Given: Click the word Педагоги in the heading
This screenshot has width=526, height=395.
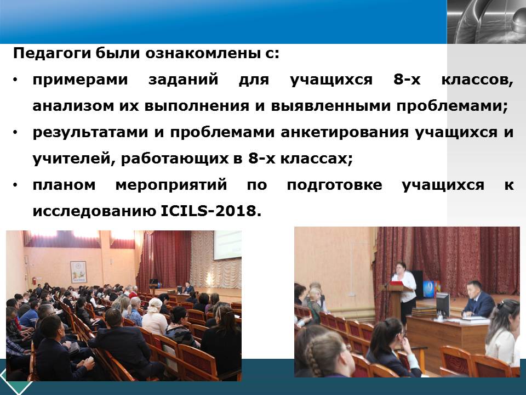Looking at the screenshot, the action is tap(52, 54).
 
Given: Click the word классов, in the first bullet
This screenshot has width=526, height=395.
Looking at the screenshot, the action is tap(477, 80).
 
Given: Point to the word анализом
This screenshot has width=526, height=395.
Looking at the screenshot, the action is tap(73, 106).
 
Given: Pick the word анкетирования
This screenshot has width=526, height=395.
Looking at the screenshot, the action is tap(345, 133).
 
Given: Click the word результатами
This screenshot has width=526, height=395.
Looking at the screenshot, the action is tap(90, 133).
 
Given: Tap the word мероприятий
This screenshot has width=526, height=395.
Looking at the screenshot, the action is tap(171, 185).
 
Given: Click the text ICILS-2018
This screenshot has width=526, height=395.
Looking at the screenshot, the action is tap(211, 211).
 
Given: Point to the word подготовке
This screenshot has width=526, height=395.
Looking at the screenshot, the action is tap(334, 185).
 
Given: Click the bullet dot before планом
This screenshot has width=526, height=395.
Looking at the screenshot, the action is tap(15, 185).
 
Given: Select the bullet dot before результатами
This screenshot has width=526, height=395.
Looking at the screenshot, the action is tap(15, 132).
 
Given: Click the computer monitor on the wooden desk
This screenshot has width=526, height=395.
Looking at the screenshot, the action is tap(442, 304).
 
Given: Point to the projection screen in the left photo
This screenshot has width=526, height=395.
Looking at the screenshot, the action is tap(228, 245).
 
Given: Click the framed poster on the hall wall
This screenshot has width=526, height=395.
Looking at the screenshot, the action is tap(78, 272).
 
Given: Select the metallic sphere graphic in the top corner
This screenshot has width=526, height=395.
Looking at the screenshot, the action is tap(487, 22).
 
